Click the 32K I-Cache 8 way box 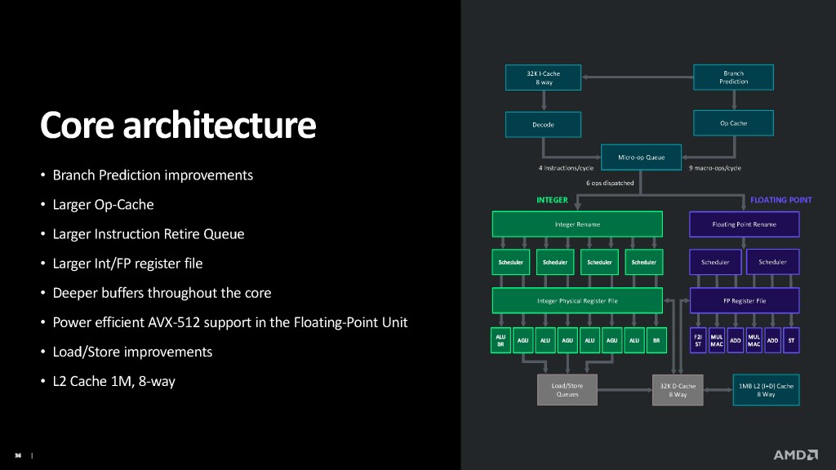(x=543, y=78)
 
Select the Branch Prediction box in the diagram (x=733, y=78)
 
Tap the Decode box (x=543, y=125)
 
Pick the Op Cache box (x=733, y=123)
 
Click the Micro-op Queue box (x=641, y=157)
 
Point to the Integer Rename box (x=577, y=224)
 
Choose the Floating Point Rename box (x=745, y=224)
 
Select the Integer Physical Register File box (x=577, y=300)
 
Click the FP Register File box (x=745, y=300)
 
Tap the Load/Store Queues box (x=567, y=389)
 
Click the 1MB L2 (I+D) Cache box (x=766, y=389)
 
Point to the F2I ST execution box (x=699, y=340)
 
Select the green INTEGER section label (x=552, y=200)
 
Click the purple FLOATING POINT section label (x=780, y=200)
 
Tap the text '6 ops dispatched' (x=610, y=183)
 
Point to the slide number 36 (x=16, y=455)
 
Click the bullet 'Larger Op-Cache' (x=103, y=205)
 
